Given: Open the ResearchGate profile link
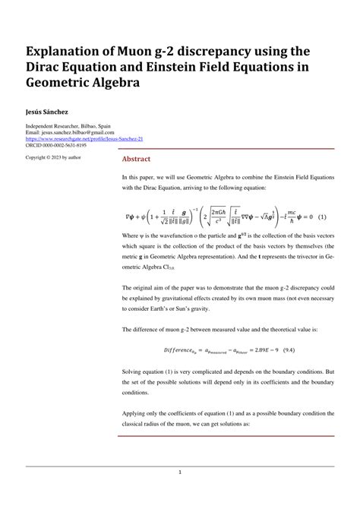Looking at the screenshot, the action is coord(84,140).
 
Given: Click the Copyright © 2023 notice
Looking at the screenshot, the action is coord(53,158).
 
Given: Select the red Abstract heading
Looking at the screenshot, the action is coord(137,159).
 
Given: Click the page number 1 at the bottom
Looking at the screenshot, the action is coord(180,473).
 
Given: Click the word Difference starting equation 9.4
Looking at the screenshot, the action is coord(181,349).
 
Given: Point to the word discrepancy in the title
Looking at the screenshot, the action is coord(215,52).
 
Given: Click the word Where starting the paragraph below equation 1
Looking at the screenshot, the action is coord(131,236).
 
